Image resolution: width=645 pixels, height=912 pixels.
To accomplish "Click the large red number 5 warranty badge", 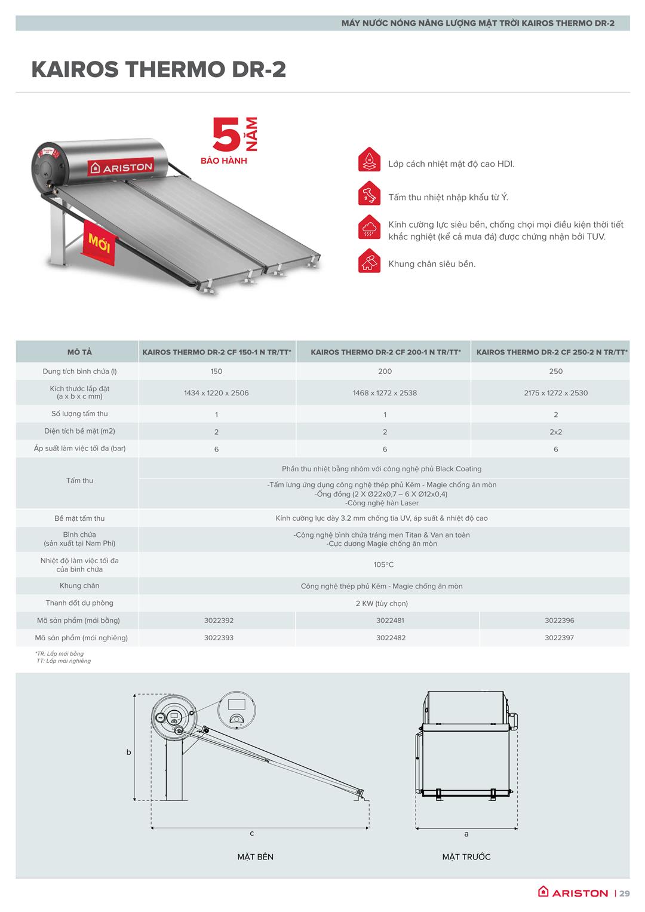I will coord(227,137).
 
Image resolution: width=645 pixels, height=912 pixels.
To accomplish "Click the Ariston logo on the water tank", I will coord(122,168).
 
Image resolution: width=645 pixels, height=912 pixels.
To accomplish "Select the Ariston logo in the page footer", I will coord(573,892).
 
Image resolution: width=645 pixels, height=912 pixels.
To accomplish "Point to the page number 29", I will coord(624,893).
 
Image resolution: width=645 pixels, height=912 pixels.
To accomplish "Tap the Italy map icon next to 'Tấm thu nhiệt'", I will coord(369,195).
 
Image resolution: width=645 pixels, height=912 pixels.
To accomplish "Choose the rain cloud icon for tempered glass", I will coord(369,228).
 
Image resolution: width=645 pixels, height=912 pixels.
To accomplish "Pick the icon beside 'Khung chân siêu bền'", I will coord(369,262).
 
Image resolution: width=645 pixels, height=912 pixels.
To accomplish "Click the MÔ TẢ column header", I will coord(79,352).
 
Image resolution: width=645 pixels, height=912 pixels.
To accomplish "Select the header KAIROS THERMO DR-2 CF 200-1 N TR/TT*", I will coord(385,352).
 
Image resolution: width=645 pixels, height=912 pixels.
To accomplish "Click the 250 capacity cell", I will coord(555,371).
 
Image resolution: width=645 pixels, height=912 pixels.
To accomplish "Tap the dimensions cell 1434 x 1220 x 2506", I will coord(216,393).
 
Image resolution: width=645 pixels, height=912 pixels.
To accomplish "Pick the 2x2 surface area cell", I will coord(555,432).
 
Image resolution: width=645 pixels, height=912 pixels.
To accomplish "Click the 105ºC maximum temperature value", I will coord(383,564).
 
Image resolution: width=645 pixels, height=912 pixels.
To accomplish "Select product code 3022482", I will coord(391,638).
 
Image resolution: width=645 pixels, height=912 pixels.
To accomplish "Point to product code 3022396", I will coord(559,621).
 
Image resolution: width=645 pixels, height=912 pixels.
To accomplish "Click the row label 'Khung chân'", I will coord(79,586).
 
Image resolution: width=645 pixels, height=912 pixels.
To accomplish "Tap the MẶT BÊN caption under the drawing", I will coord(255,857).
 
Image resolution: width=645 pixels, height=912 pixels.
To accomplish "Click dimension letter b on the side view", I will coord(128,753).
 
